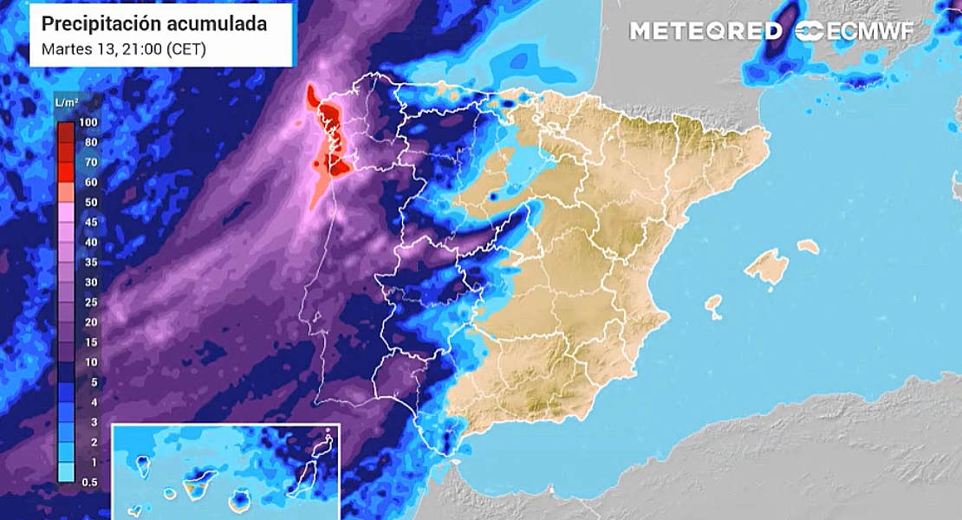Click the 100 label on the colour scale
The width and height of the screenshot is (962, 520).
pyautogui.click(x=87, y=122)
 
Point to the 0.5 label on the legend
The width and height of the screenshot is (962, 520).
pyautogui.click(x=88, y=481)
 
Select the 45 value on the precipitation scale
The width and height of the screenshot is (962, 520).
pyautogui.click(x=89, y=222)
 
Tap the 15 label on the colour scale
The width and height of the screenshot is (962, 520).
pyautogui.click(x=89, y=341)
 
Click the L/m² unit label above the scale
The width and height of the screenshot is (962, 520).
pyautogui.click(x=67, y=103)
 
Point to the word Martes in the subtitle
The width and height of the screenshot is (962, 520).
pyautogui.click(x=65, y=49)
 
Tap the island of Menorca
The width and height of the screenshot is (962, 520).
pyautogui.click(x=808, y=246)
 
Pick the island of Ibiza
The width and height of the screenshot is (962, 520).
pyautogui.click(x=713, y=304)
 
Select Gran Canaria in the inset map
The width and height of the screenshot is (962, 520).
pyautogui.click(x=241, y=501)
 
